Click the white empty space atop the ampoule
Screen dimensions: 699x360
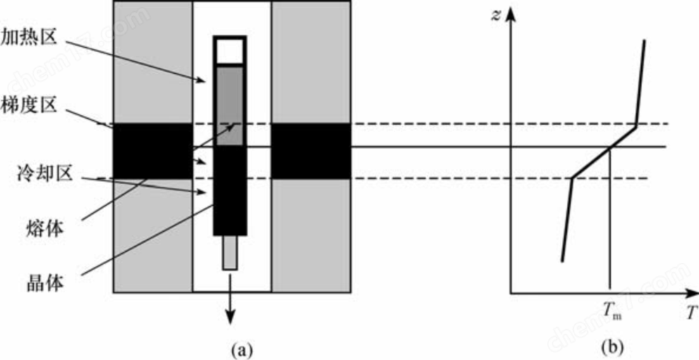coord(229,51)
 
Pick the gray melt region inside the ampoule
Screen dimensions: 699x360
coord(230,106)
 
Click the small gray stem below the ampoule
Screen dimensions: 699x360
coord(229,252)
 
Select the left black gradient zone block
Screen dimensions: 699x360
coord(153,151)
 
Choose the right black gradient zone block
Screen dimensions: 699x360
coord(311,151)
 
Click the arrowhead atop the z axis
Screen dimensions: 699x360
coord(511,16)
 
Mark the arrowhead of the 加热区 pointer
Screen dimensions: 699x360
coord(203,81)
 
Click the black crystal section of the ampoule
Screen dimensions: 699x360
coord(230,191)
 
